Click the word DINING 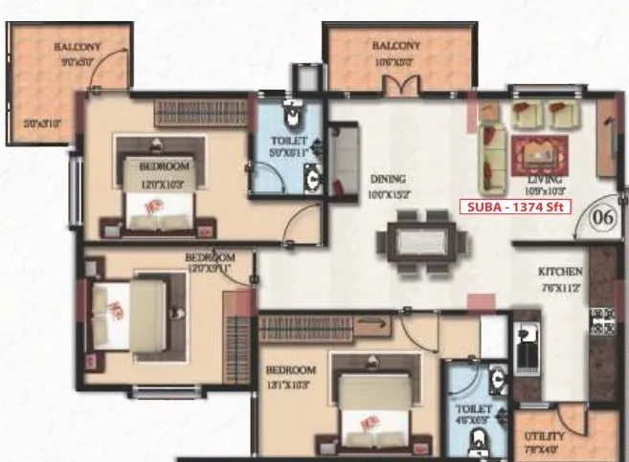388,179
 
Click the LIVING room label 544,179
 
